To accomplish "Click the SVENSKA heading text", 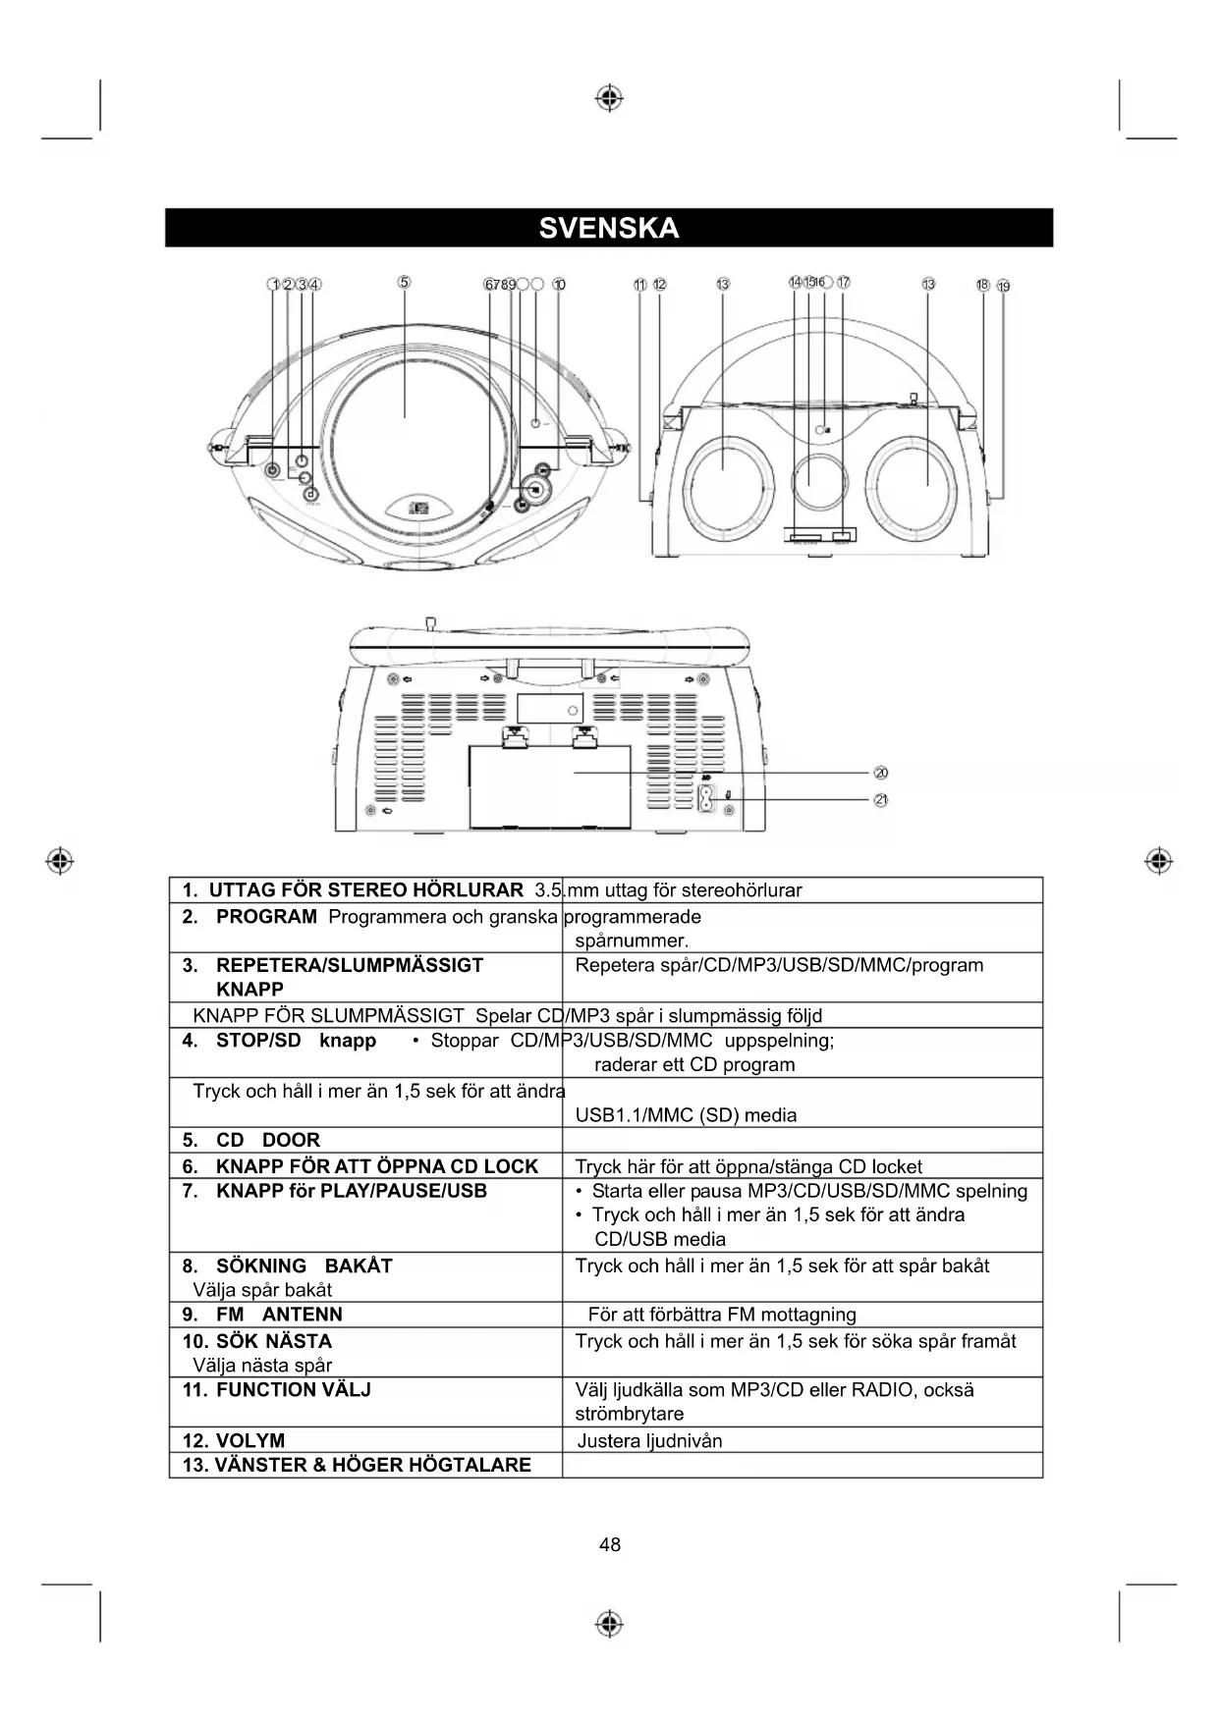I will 609,228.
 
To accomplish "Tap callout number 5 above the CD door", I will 404,283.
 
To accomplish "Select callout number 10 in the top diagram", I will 559,285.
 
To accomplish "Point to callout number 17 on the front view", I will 843,283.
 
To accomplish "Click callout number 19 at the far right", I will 1003,287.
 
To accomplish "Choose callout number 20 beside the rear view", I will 881,774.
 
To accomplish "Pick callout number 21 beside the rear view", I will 881,800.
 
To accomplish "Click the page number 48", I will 609,1544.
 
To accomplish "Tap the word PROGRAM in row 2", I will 266,917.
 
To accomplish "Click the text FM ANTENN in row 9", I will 279,1315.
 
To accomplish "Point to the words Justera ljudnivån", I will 649,1440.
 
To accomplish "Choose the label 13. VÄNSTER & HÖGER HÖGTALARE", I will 357,1465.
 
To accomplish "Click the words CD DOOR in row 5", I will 268,1140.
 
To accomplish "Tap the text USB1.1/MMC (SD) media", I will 686,1115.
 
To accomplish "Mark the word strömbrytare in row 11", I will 629,1414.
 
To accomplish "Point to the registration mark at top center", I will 609,98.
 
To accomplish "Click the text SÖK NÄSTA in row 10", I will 273,1341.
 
